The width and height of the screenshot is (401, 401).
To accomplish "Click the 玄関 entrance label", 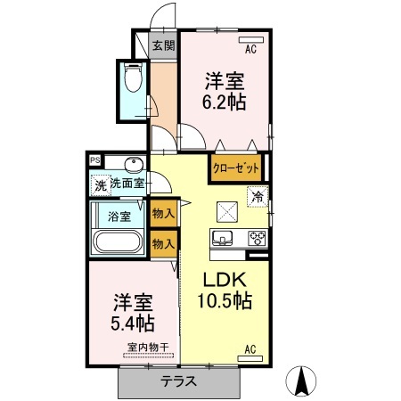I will (x=162, y=46).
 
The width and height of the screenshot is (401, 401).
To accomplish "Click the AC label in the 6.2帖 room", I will (x=250, y=50).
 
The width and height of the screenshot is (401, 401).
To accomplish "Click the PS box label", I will (x=95, y=160).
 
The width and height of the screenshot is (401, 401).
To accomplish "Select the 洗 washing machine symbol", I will (x=100, y=185).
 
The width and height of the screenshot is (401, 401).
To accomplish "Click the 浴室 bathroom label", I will (x=119, y=216).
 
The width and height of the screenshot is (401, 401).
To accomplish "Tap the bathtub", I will (x=118, y=241).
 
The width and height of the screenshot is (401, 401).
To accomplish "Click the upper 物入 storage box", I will (x=163, y=214).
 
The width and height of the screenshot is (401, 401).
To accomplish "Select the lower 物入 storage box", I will (x=163, y=242).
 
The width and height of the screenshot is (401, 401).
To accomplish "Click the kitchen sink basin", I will (x=222, y=237).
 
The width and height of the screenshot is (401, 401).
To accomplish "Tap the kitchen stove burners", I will (x=256, y=237).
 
